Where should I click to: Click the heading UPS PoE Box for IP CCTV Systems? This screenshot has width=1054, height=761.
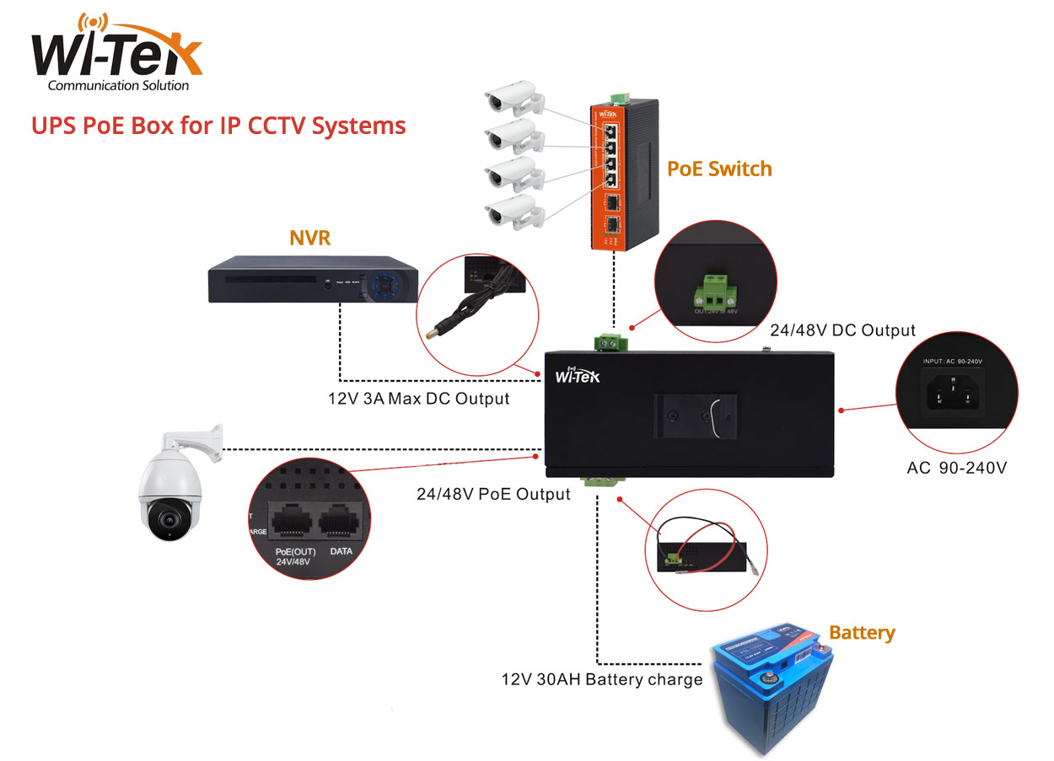[x=218, y=126]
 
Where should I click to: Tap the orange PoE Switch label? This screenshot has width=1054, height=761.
[x=718, y=169]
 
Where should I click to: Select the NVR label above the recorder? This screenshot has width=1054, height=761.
[x=309, y=238]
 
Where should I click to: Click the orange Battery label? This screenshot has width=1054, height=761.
[x=862, y=632]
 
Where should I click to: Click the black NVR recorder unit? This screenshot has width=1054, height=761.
[x=314, y=281]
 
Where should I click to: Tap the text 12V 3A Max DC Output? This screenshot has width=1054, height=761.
[x=419, y=398]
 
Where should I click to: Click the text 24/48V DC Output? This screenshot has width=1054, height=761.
[x=843, y=330]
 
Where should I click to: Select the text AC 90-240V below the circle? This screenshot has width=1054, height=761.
[x=956, y=467]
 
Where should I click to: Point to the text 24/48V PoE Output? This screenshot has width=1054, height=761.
[x=493, y=494]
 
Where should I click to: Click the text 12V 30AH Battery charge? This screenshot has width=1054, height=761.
[x=601, y=679]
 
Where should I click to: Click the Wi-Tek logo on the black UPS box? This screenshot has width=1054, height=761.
[x=578, y=377]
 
